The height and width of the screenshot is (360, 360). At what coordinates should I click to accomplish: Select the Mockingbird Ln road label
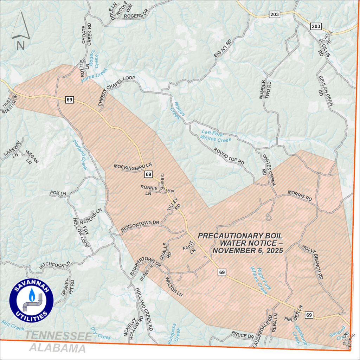tap(133, 165)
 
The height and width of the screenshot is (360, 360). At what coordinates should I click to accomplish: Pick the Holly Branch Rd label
tap(313, 261)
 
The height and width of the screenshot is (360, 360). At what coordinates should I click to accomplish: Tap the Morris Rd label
tap(300, 195)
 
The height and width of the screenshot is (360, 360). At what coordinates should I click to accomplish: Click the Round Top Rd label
tap(229, 155)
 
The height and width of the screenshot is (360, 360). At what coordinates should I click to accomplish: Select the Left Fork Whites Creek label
tap(216, 136)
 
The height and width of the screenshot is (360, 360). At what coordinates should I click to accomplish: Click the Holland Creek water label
tap(80, 155)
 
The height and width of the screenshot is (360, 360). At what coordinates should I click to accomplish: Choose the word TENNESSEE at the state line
tap(58, 336)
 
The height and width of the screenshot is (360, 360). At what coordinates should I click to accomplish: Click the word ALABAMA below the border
tap(57, 348)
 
